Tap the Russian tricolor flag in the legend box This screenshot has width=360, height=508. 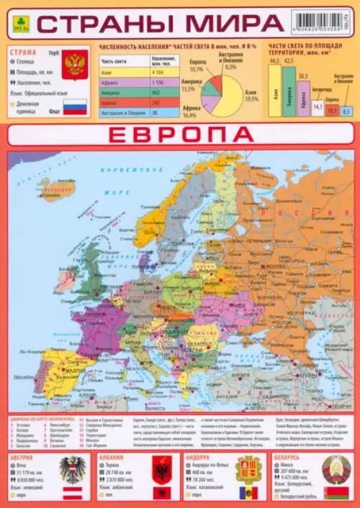tap(74, 107)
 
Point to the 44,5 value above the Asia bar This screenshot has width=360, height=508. tap(274, 60)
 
